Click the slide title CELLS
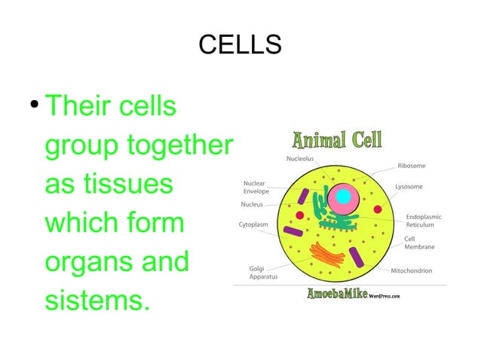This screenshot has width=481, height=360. tap(240, 44)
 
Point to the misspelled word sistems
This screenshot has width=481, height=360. tap(93, 301)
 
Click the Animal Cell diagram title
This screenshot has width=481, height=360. tap(336, 140)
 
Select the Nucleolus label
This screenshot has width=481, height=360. tap(300, 159)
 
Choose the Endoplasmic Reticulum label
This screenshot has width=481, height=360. tap(423, 221)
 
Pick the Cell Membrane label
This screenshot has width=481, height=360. tap(420, 243)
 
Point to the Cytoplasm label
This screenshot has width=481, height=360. tap(256, 224)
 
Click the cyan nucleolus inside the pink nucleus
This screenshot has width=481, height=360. tap(344, 197)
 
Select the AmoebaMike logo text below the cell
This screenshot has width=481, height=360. tap(336, 294)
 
